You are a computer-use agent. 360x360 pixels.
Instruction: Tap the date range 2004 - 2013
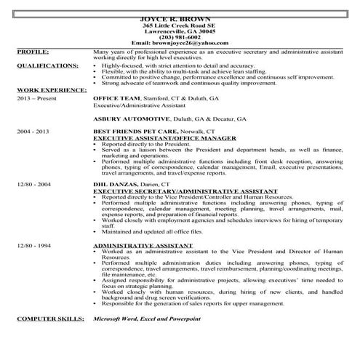[33, 131]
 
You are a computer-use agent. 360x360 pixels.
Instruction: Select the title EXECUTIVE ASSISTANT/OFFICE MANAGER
[153, 137]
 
